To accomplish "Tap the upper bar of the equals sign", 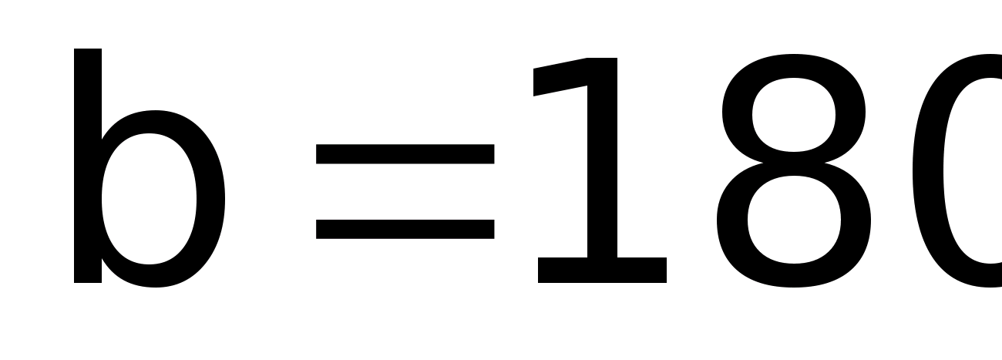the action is point(405,154).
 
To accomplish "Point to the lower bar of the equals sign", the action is point(405,229).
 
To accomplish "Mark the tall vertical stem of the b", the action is point(88,166).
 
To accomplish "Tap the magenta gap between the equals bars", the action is point(405,192).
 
